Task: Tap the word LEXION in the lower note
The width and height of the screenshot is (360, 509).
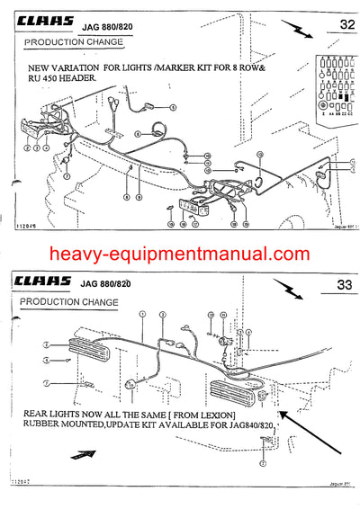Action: [x=235, y=415]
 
